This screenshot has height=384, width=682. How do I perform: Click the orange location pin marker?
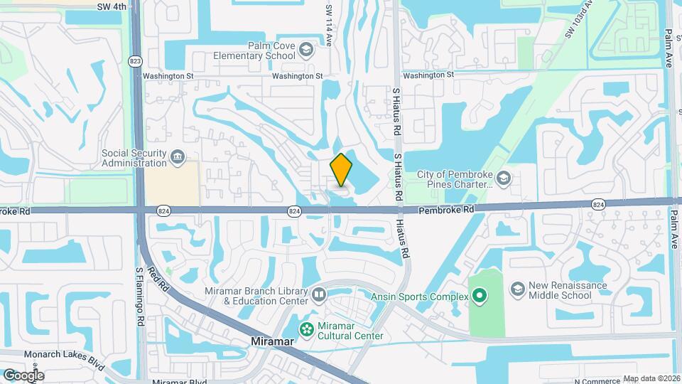(x=342, y=170)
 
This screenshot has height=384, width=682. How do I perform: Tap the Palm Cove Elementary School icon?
(x=305, y=49)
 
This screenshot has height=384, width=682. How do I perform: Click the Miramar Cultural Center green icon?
(x=306, y=329)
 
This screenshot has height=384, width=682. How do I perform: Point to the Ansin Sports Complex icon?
(x=480, y=296)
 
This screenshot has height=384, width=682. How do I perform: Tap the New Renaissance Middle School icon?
(x=518, y=289)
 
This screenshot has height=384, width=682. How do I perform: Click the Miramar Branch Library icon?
(x=319, y=294)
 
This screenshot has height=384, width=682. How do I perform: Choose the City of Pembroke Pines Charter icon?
(x=504, y=177)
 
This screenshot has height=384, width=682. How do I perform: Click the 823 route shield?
(x=135, y=61)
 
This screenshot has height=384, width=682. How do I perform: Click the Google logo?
(x=23, y=375)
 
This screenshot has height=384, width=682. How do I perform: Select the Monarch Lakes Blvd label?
(x=64, y=359)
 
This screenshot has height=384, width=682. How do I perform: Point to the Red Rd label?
(x=158, y=277)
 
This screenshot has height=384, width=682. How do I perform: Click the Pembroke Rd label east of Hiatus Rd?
(x=445, y=210)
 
